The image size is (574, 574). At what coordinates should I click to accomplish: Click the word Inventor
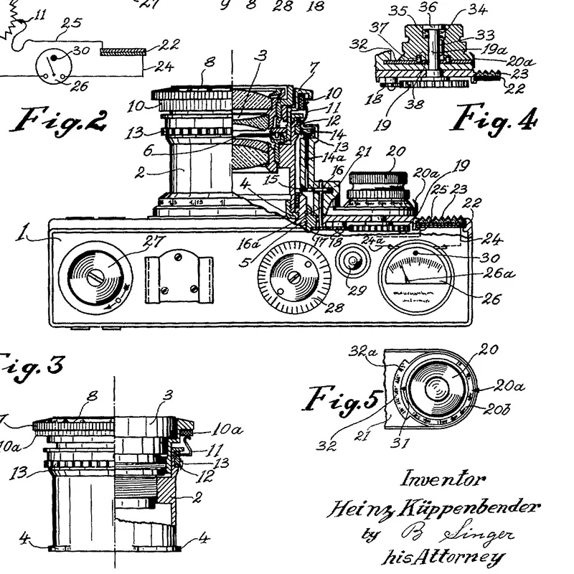pos(442,479)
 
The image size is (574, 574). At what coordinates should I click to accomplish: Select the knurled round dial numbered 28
pos(292,276)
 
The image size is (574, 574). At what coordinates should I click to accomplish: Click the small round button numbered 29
pos(352,263)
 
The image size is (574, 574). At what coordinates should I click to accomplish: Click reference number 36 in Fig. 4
pos(428,7)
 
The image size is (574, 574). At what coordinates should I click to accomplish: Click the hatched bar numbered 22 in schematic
pos(123,52)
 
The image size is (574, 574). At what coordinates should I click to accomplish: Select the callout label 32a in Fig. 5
pos(359,352)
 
